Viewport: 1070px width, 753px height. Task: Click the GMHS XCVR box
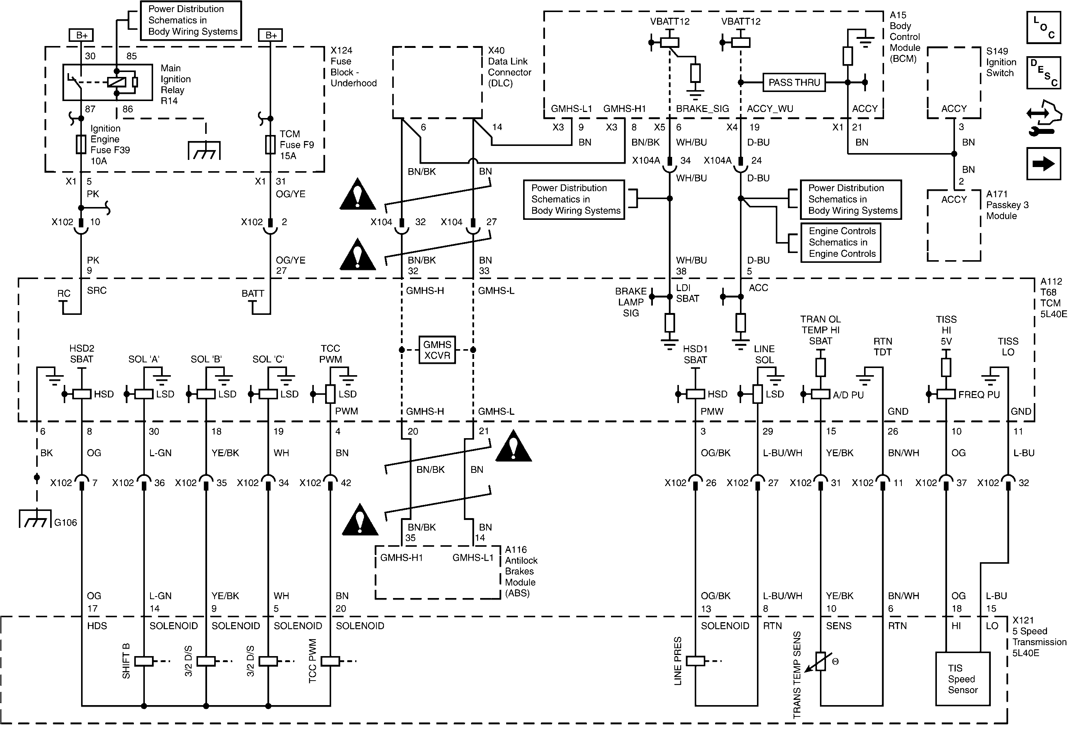point(437,350)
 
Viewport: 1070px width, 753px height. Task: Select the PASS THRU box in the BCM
point(794,83)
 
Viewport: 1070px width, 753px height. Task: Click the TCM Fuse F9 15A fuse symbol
point(270,144)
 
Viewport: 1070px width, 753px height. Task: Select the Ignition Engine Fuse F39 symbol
point(81,144)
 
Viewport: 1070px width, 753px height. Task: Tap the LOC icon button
point(1044,28)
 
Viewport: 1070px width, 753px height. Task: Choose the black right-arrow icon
point(1044,164)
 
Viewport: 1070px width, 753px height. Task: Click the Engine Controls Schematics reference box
point(841,242)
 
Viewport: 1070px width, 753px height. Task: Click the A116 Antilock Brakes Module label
point(521,571)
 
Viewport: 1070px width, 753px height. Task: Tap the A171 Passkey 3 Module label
point(1007,205)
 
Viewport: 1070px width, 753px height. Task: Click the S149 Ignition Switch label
point(1001,62)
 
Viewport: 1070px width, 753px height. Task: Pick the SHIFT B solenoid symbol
point(144,661)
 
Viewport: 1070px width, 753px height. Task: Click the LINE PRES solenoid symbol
point(695,661)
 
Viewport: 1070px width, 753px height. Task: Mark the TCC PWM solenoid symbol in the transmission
point(330,661)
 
